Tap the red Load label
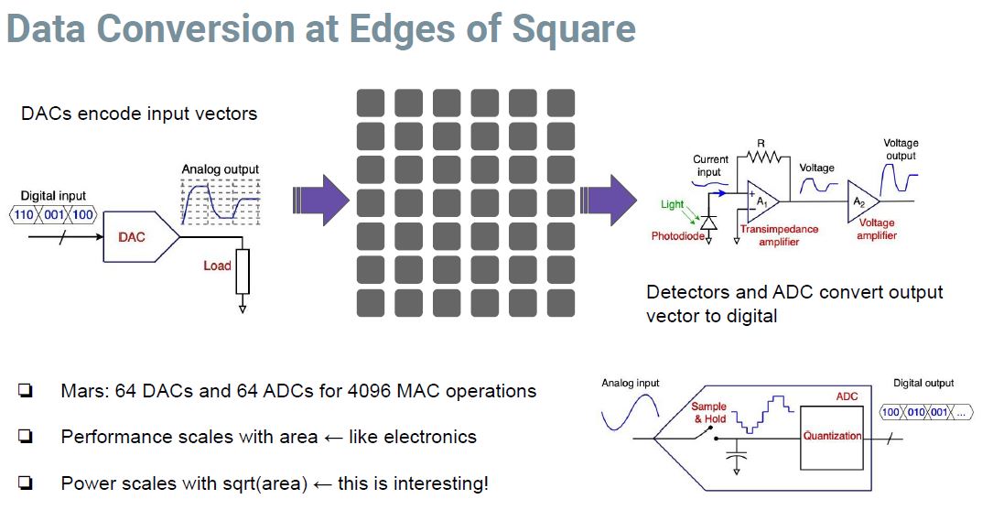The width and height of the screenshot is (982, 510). pos(217,266)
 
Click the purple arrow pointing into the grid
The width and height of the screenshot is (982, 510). pos(321,198)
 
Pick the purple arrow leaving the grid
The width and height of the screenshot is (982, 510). pos(609,198)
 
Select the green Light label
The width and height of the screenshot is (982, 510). pos(672,204)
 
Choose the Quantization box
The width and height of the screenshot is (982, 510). pos(832,436)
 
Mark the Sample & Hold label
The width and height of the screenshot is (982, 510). pos(708,413)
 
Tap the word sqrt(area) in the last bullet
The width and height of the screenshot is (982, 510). pos(263,483)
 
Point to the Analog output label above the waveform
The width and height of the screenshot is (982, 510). pos(220,169)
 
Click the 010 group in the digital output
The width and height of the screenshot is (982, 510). pos(914,412)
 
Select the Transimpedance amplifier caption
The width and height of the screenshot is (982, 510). pos(780,235)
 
